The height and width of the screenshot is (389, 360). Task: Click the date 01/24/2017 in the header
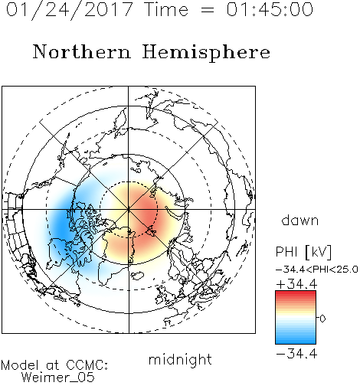[x=69, y=10]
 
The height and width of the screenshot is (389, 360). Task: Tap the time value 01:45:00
[x=270, y=10]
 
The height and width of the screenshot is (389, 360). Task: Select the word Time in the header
[x=166, y=10]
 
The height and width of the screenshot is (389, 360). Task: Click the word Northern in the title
[x=82, y=52]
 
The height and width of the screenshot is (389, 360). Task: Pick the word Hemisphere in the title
[x=206, y=53]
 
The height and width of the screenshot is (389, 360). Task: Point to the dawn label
[x=300, y=221]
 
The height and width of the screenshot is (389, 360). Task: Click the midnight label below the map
[x=180, y=360]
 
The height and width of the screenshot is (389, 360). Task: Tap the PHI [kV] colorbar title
[x=303, y=252]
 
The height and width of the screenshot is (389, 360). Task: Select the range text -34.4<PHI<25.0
[x=316, y=270]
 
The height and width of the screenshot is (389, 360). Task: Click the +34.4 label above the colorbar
[x=296, y=284]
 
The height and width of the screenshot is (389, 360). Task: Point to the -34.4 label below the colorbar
[x=296, y=354]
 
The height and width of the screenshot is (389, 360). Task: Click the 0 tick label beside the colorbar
[x=322, y=319]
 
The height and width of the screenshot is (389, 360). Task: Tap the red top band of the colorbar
[x=296, y=294]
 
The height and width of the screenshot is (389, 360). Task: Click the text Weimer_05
[x=57, y=378]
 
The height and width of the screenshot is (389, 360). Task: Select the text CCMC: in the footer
[x=87, y=365]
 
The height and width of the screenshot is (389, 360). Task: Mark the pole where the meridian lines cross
[x=129, y=209]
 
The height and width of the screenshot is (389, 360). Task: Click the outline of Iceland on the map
[x=137, y=275]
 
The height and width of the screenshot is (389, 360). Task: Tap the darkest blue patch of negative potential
[x=61, y=224]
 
